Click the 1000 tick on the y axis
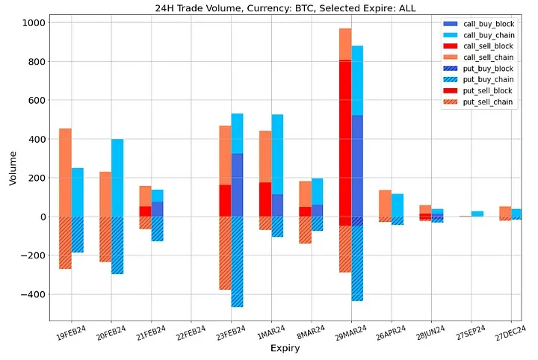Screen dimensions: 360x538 click(36, 22)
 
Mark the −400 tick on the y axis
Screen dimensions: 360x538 click(34, 294)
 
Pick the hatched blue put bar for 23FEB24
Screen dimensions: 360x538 click(237, 261)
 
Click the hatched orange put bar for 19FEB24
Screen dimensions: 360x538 click(66, 243)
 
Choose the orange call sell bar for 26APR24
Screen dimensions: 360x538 click(385, 203)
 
